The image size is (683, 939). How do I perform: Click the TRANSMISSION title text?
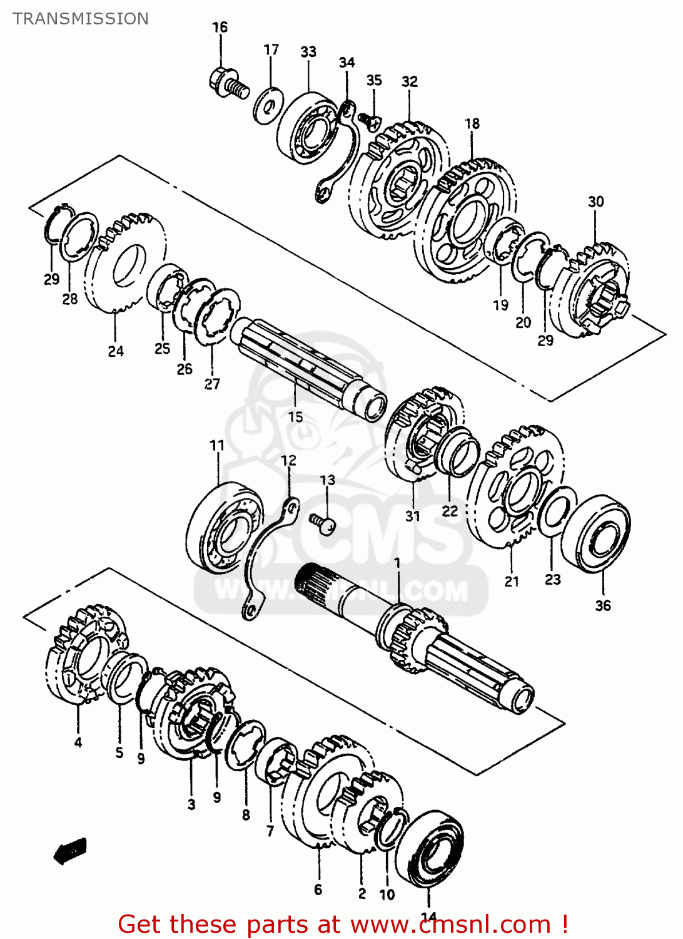81,19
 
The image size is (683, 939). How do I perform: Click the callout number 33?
308,52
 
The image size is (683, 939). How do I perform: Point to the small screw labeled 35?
370,120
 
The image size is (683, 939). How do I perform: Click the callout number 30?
595,202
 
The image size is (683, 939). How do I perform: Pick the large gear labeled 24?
125,263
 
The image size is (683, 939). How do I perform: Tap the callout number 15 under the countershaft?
295,416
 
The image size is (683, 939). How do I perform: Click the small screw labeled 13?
323,522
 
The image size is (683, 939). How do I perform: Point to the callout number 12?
288,461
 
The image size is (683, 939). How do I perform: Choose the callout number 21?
512,582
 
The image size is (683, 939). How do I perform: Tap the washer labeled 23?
557,513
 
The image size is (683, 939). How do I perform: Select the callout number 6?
318,890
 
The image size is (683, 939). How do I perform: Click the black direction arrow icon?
70,851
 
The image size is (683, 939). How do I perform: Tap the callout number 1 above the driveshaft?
397,563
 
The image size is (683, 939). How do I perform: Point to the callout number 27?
212,384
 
